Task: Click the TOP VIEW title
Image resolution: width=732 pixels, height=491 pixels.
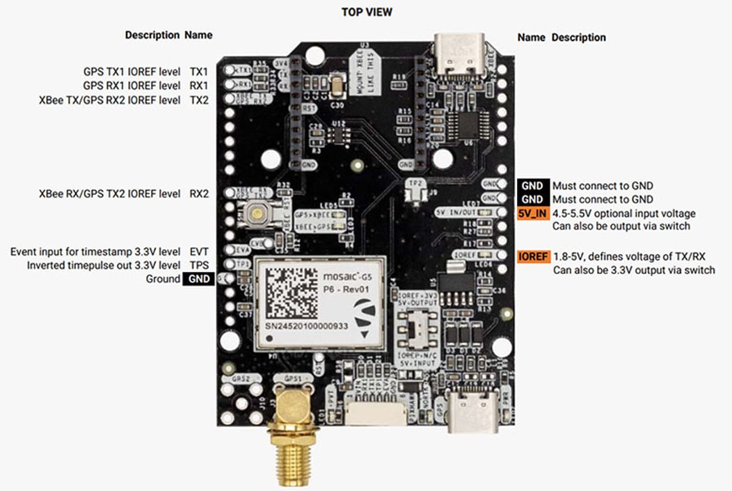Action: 366,12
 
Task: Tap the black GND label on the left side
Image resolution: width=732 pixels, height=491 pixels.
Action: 198,279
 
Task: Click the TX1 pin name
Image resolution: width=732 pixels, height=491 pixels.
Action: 199,72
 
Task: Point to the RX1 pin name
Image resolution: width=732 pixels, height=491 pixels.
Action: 199,86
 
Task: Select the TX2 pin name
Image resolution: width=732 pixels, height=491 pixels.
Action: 199,100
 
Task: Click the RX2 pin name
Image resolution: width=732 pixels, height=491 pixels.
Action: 199,193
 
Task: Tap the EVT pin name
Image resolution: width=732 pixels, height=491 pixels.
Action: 199,250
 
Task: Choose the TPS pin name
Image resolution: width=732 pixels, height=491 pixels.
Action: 199,265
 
